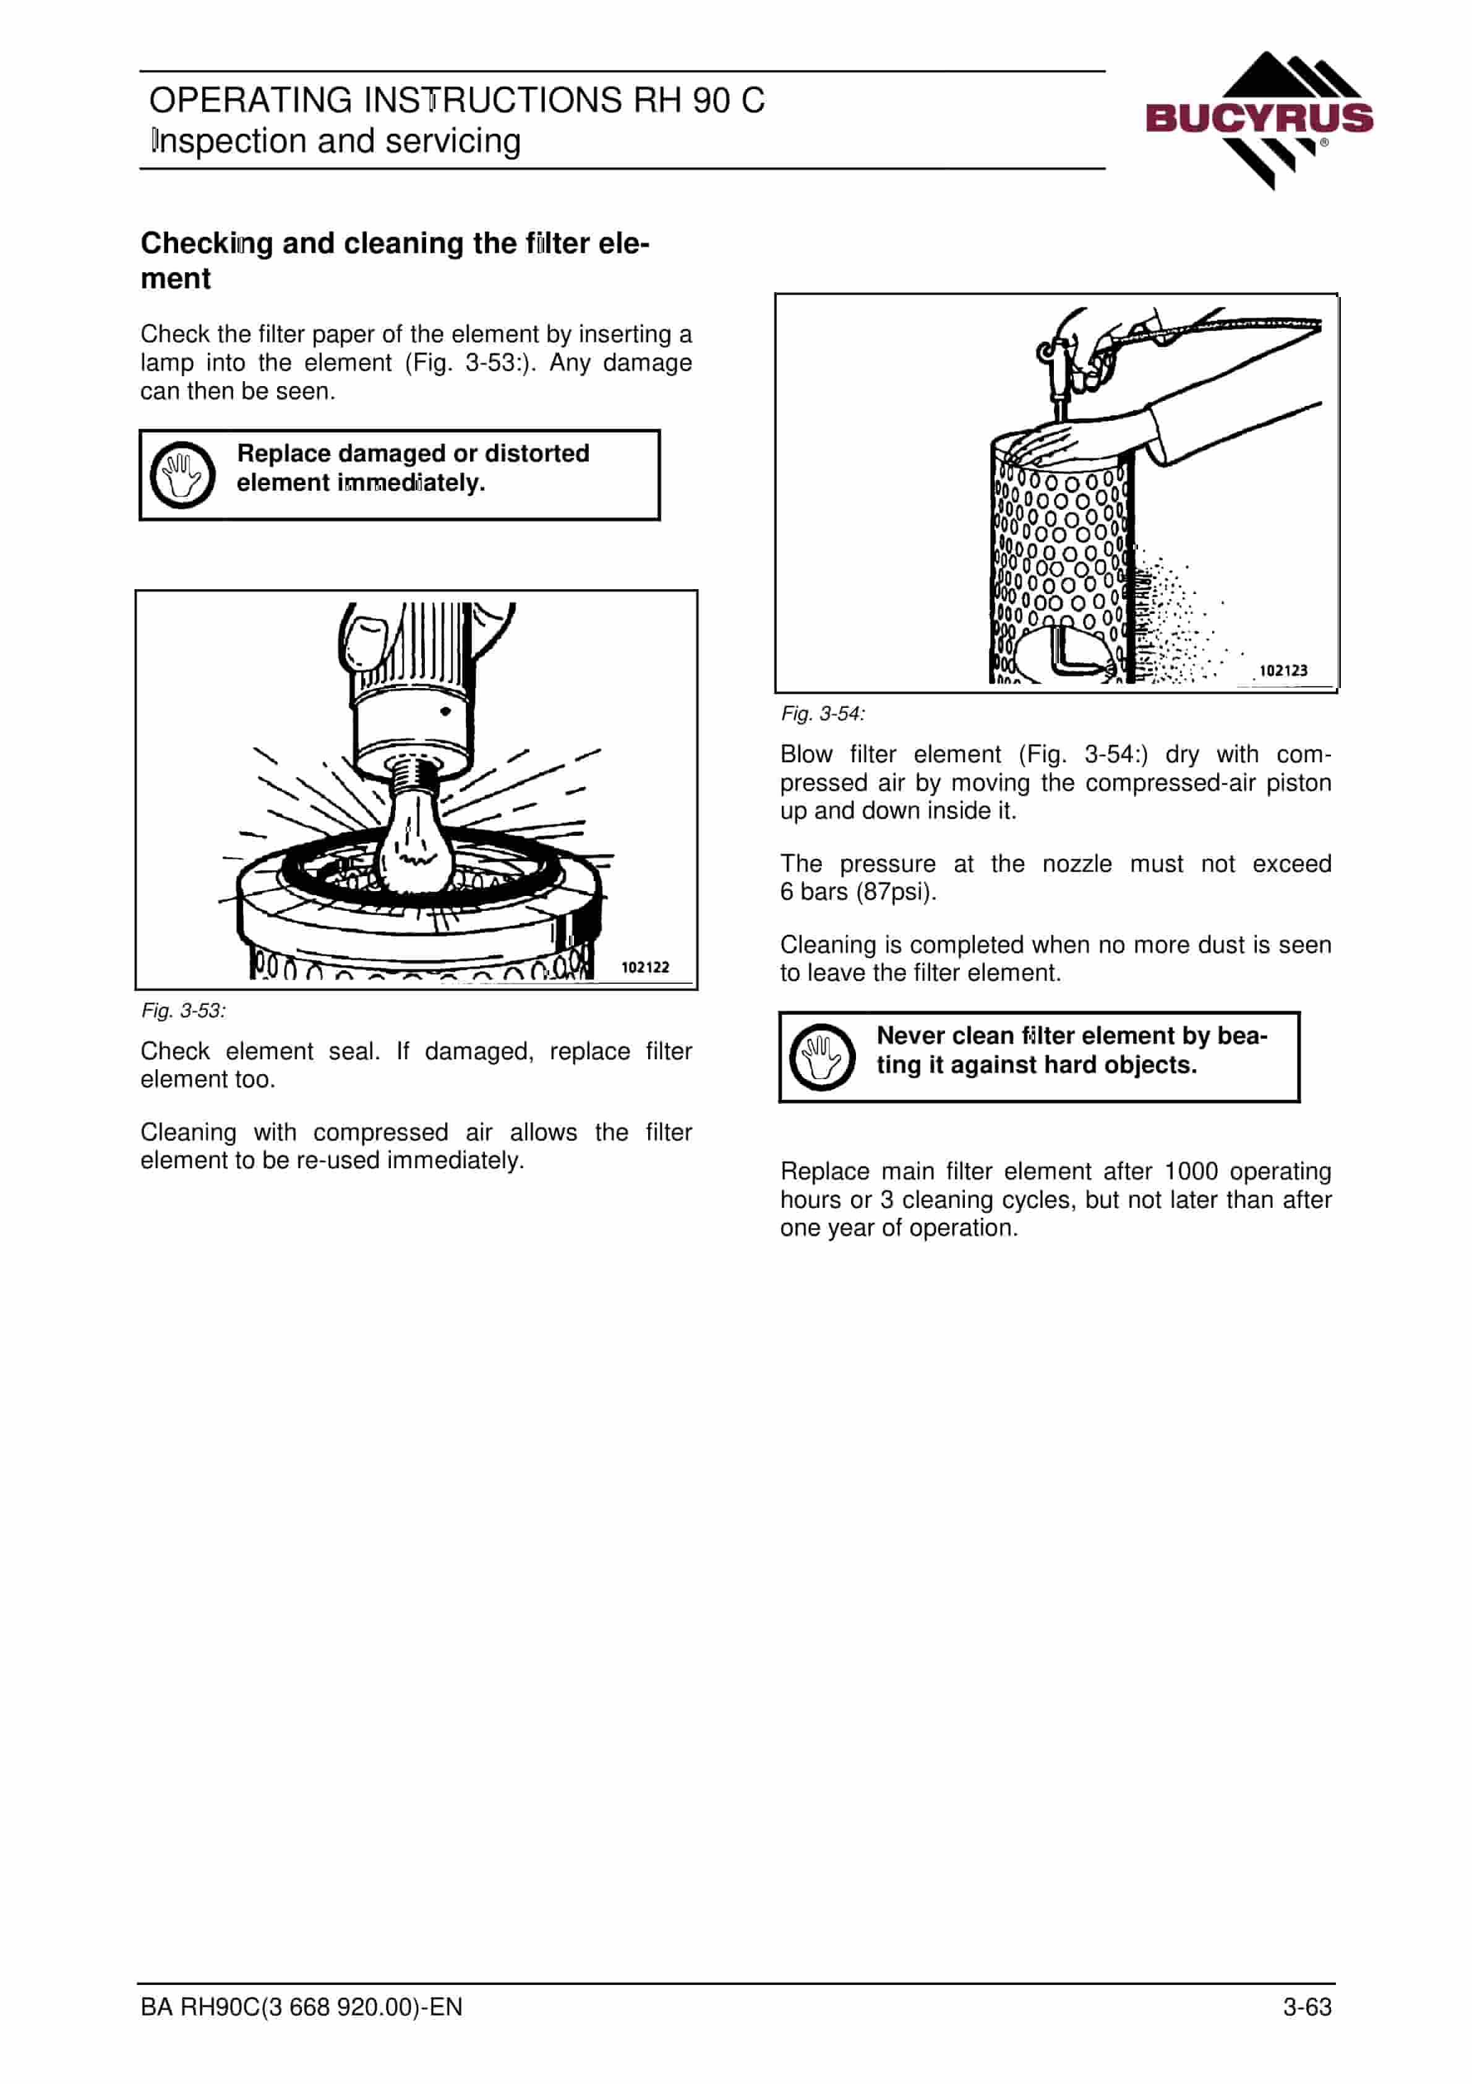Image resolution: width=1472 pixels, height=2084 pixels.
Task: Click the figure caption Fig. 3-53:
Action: pos(183,1010)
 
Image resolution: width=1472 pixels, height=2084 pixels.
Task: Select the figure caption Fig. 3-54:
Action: pos(823,713)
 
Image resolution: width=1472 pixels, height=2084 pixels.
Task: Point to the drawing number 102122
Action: pos(645,968)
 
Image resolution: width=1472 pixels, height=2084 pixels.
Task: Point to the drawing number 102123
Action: pos(1283,671)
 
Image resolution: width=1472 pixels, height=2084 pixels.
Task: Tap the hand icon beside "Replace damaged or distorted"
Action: pos(182,475)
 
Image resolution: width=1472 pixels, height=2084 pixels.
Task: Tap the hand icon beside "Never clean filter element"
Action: pos(822,1057)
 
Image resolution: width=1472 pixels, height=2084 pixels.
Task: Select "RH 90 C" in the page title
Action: pos(699,100)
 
